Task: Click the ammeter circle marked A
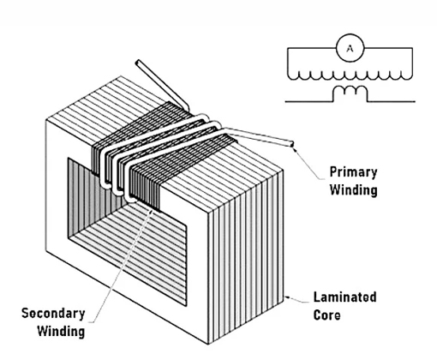click(x=350, y=48)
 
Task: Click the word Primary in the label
click(x=354, y=172)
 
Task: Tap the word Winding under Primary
click(x=354, y=189)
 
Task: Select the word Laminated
click(x=345, y=297)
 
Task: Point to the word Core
click(x=327, y=315)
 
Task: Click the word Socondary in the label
click(x=53, y=314)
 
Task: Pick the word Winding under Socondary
click(x=61, y=331)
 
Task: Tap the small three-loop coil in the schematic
click(x=350, y=93)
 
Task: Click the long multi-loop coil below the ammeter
click(x=350, y=75)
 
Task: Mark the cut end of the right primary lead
click(x=292, y=144)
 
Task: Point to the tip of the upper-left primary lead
click(x=138, y=63)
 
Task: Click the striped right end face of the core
click(x=246, y=257)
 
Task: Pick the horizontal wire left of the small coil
click(x=309, y=101)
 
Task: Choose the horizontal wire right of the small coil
click(x=391, y=101)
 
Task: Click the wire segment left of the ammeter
click(x=312, y=48)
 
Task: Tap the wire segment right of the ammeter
click(x=388, y=48)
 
